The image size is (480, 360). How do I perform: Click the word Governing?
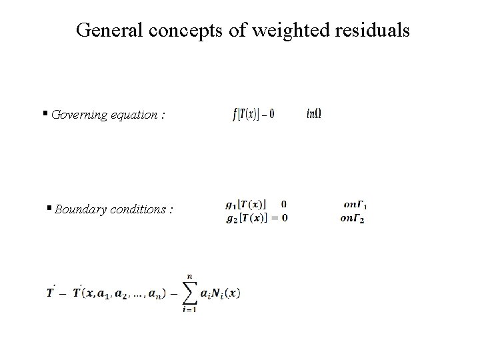pos(78,115)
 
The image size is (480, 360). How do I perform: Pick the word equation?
pos(135,115)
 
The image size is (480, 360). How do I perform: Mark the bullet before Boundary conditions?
pos(50,209)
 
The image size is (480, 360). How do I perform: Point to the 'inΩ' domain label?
pos(314,114)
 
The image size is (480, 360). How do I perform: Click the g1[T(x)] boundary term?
pos(246,204)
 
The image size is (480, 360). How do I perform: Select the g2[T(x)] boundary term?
pos(246,218)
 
